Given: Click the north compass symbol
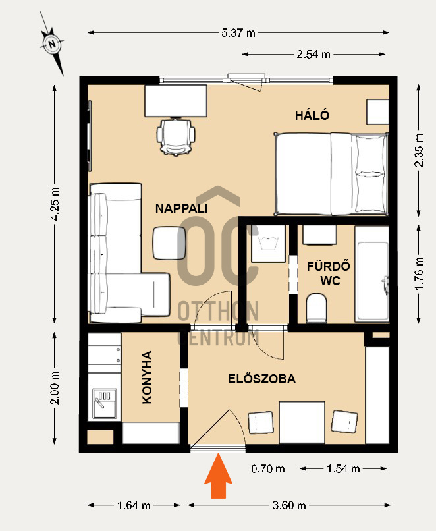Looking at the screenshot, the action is point(52,43).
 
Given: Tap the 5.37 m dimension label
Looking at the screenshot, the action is point(238,33).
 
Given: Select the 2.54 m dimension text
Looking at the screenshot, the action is point(313,54).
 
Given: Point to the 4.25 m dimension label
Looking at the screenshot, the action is point(55,204).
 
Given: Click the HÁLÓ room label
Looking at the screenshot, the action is point(312,115).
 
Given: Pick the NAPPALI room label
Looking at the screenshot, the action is point(181,208).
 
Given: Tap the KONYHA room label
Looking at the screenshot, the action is point(147,377).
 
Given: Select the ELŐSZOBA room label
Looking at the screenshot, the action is point(261,379).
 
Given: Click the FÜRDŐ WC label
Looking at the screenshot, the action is point(329,273).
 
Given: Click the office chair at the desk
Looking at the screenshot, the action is point(176,136).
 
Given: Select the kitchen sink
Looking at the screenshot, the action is point(104,403).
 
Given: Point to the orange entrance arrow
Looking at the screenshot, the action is point(219,476).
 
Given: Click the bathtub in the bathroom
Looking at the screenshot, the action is point(371,274).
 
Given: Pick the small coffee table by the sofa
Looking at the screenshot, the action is point(169,243).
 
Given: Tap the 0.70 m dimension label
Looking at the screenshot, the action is point(268,468).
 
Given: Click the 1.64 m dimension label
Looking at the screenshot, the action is point(134,505).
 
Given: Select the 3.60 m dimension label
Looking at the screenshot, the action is point(289,505).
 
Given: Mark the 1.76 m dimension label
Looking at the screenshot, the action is point(419,273).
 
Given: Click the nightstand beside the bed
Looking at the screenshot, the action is point(377,112).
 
